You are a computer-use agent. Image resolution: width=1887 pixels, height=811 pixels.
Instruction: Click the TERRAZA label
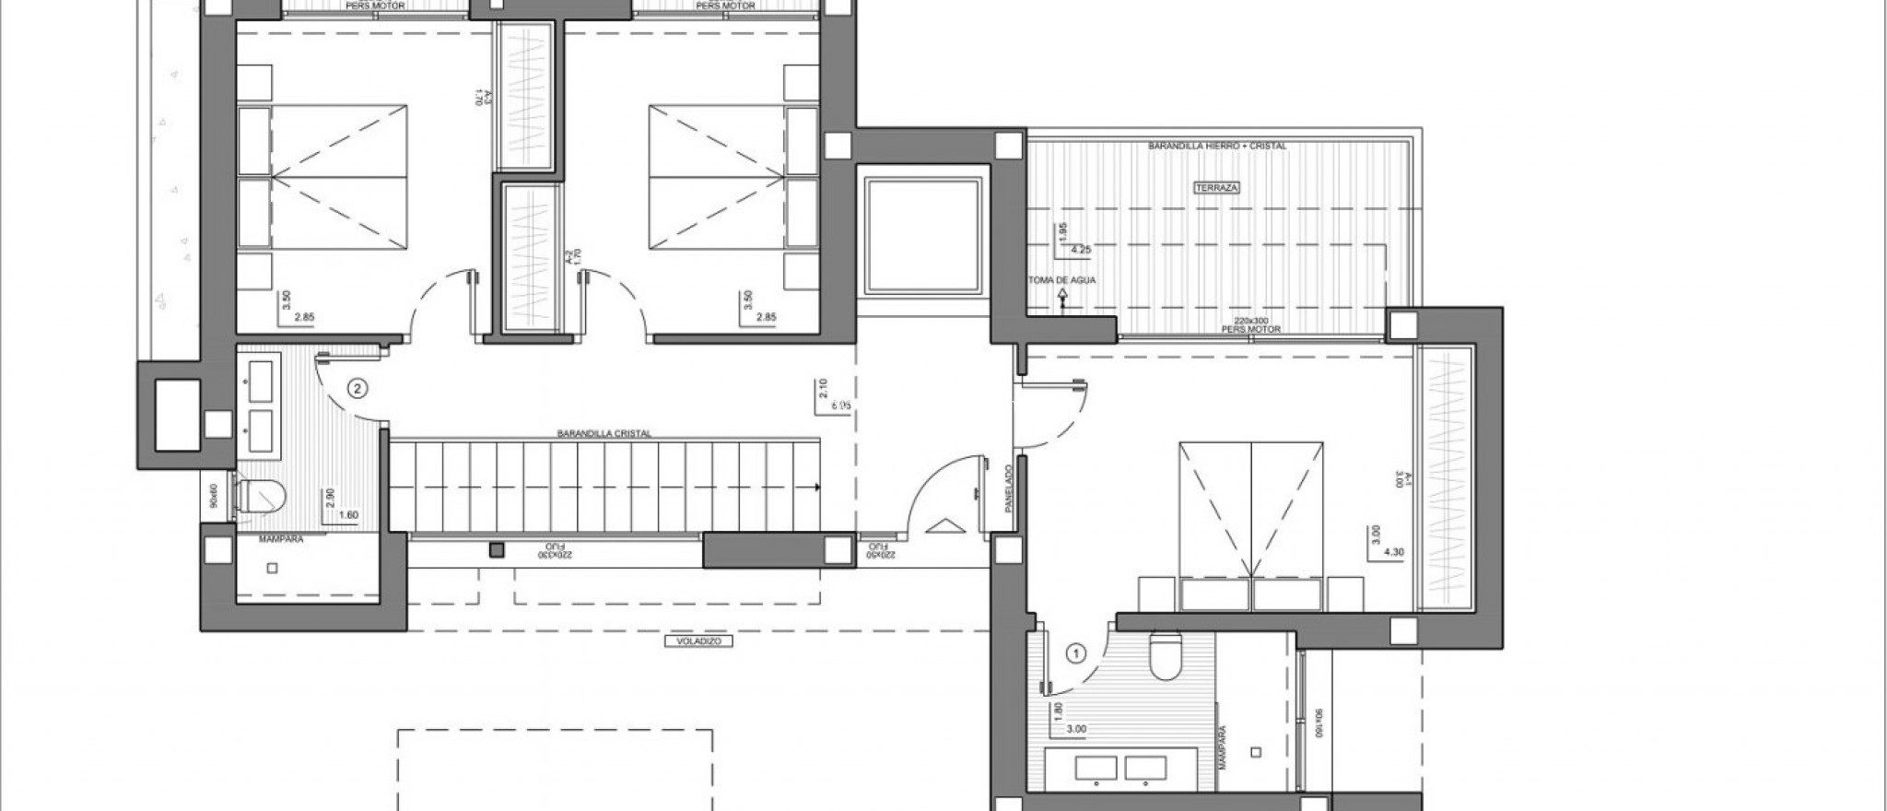pyautogui.click(x=1217, y=187)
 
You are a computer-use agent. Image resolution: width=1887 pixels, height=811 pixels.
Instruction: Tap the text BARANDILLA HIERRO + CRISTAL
pyautogui.click(x=1217, y=147)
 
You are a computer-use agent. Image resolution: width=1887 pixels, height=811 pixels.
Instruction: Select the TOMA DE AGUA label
pyautogui.click(x=1062, y=280)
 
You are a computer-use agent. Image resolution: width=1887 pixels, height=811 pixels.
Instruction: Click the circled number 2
pyautogui.click(x=357, y=389)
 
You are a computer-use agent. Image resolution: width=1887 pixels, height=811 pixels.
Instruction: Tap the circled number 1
pyautogui.click(x=1073, y=653)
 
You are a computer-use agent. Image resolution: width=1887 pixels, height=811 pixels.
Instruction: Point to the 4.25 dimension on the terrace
pyautogui.click(x=1082, y=248)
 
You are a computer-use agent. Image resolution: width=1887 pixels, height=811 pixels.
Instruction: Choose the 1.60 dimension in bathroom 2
pyautogui.click(x=348, y=515)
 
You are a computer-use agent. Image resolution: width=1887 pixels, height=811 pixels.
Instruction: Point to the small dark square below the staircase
pyautogui.click(x=496, y=550)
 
